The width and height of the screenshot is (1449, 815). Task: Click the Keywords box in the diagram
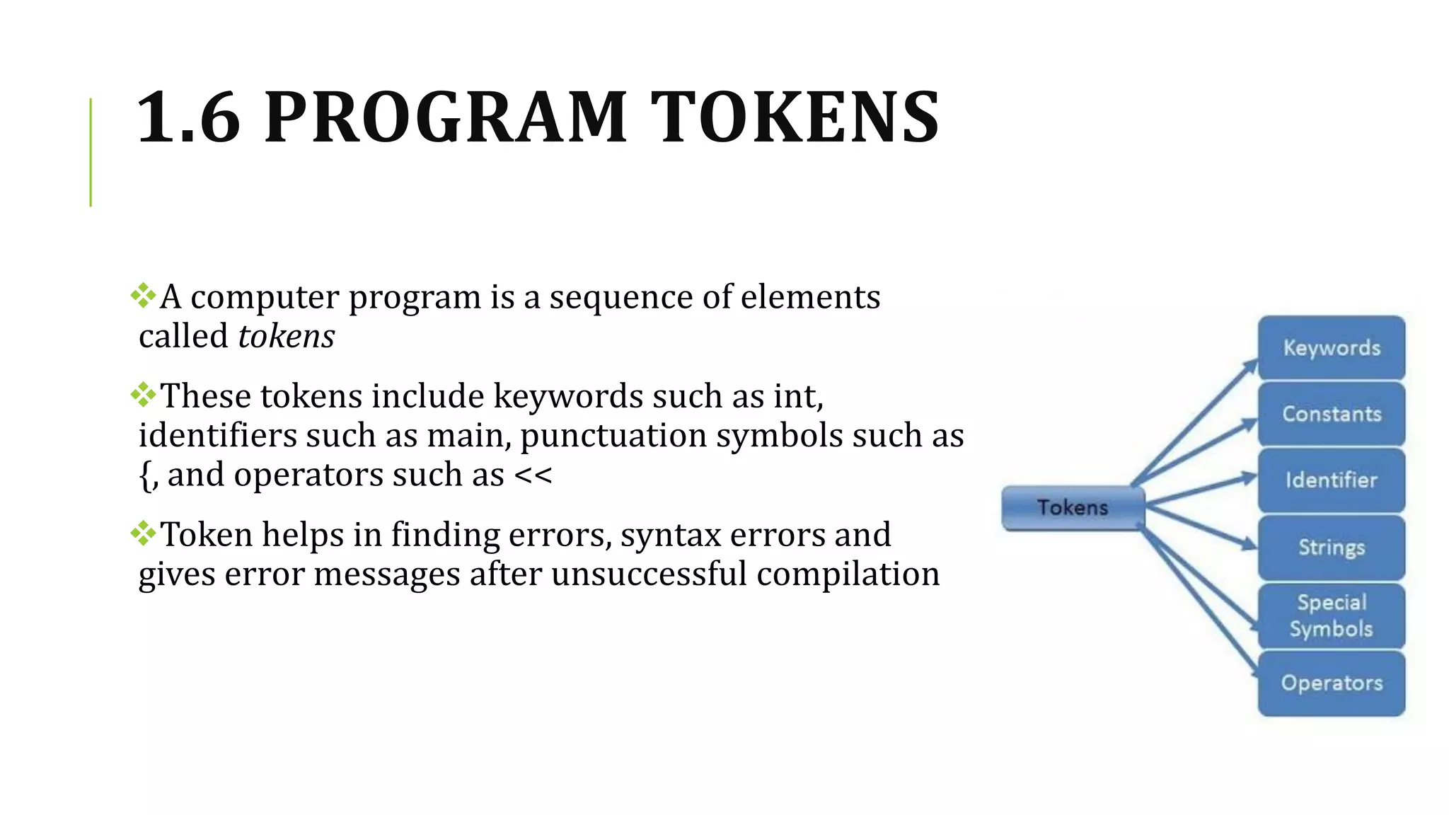point(1331,347)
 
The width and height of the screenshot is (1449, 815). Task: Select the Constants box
point(1331,414)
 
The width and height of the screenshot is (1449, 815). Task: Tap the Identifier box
point(1331,480)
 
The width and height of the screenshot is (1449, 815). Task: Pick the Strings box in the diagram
point(1331,547)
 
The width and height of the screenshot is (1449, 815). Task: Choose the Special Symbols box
point(1331,615)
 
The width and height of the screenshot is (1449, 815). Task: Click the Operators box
point(1331,683)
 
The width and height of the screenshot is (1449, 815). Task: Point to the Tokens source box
point(1073,508)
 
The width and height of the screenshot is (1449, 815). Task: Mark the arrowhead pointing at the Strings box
point(1249,544)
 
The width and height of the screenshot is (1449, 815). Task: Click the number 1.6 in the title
point(188,117)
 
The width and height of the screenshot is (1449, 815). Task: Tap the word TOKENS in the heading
point(795,117)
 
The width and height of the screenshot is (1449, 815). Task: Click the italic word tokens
point(287,336)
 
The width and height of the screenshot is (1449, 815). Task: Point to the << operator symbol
point(533,475)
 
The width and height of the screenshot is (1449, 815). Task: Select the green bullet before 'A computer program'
point(143,295)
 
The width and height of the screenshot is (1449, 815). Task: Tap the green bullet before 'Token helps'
point(143,533)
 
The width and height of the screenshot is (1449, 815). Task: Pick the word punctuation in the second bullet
point(613,436)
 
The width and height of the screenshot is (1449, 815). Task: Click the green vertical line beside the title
point(91,152)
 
